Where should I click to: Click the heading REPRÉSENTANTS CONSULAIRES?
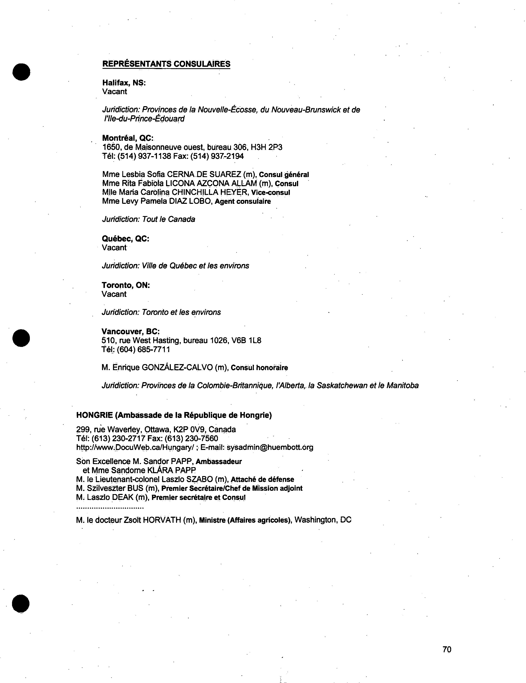coord(166,64)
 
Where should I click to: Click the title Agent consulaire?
coord(243,201)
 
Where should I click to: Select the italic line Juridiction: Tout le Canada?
coord(148,219)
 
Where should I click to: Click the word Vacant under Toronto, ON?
coord(114,294)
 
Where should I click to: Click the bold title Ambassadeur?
coord(219,461)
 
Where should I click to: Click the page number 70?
coord(447,649)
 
